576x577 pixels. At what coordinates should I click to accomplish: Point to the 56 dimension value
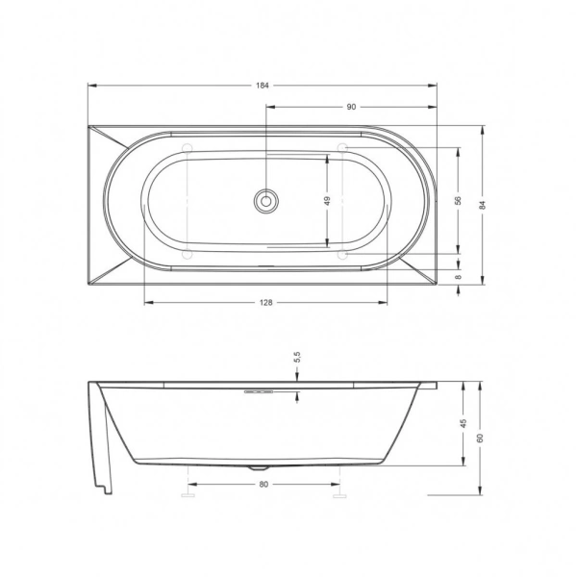click(460, 200)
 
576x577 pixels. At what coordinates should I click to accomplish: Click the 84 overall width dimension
click(483, 204)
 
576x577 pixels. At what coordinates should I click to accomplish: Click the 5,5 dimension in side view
click(297, 357)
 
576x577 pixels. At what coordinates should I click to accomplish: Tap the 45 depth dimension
click(463, 423)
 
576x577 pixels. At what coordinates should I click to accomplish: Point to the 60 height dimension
click(480, 438)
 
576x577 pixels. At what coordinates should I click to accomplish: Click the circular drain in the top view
click(264, 201)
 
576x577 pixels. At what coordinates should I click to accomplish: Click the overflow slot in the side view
click(261, 392)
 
